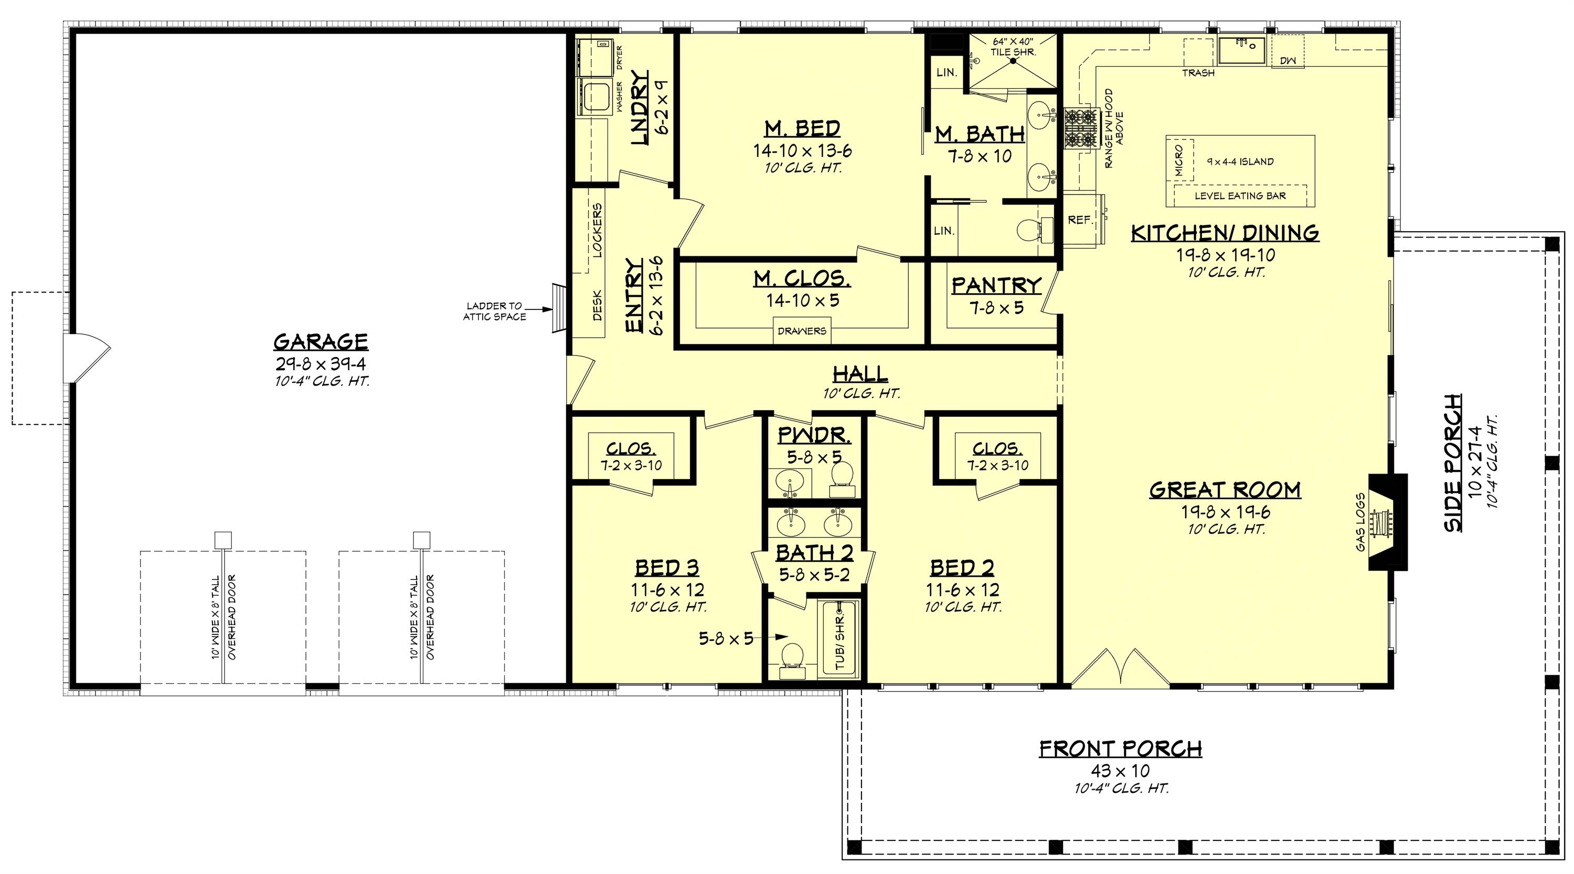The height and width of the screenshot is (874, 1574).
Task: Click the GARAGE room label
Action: point(320,341)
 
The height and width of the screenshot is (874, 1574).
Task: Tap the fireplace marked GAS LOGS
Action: point(1386,522)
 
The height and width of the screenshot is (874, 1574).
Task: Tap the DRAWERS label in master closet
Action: point(802,331)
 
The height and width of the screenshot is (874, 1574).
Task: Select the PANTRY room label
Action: point(996,285)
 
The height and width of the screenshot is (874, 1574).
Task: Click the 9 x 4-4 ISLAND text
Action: point(1240,162)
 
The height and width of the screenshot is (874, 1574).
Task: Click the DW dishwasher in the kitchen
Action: point(1288,60)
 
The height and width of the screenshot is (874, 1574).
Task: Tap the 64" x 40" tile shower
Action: point(1013,61)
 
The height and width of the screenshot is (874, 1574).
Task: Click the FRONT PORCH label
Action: point(1121,749)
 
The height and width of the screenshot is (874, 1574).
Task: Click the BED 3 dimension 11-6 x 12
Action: point(667,590)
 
